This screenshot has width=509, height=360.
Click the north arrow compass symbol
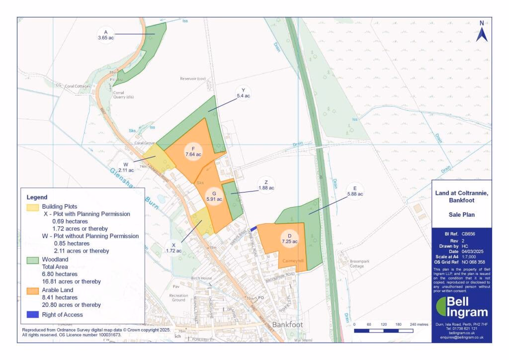point(481,32)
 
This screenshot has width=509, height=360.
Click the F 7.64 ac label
point(193,151)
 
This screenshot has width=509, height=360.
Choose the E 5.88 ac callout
point(355,190)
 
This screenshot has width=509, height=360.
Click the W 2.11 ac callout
point(126,167)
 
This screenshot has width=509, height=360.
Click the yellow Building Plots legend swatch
point(32,206)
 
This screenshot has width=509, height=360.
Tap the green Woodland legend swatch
point(32,260)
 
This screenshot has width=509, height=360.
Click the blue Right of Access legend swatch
point(32,315)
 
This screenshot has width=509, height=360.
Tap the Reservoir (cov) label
point(192,79)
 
